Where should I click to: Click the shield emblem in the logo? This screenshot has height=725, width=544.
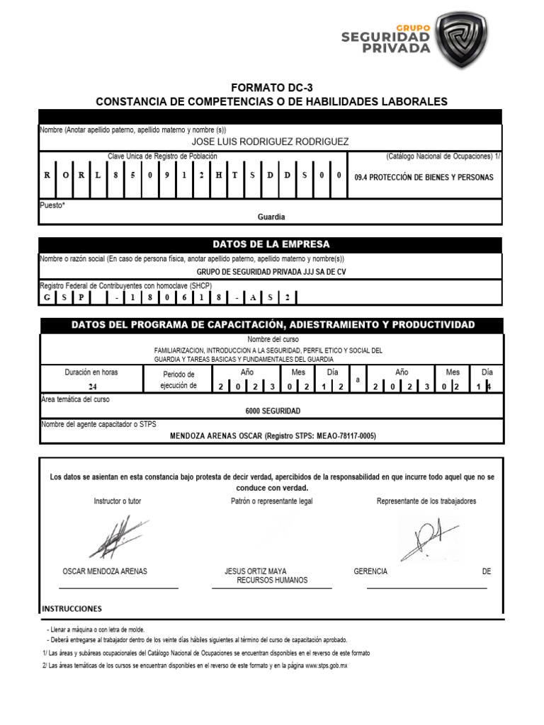pos(463,39)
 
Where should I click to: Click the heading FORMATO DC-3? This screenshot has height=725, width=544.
pos(271,88)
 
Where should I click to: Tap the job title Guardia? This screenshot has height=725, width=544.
pos(271,217)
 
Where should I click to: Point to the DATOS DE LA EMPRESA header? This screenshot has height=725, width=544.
pos(271,244)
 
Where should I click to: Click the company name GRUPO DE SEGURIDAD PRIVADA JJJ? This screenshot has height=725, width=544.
pos(271,271)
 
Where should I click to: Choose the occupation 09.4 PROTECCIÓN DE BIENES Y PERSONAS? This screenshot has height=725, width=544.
pos(424,177)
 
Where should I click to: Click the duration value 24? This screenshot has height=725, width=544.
pos(93,387)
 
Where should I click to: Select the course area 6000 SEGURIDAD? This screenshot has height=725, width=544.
pos(273,411)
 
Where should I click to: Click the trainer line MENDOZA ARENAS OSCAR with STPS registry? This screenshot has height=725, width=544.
pos(273,436)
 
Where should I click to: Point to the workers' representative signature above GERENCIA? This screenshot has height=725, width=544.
pos(428,538)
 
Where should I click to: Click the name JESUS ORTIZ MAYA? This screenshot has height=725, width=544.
pos(255,571)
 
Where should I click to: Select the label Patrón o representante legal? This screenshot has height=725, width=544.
pos(271,501)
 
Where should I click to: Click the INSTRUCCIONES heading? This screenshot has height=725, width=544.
pos(72,609)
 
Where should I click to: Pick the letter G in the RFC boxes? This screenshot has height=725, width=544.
pos(47,297)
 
